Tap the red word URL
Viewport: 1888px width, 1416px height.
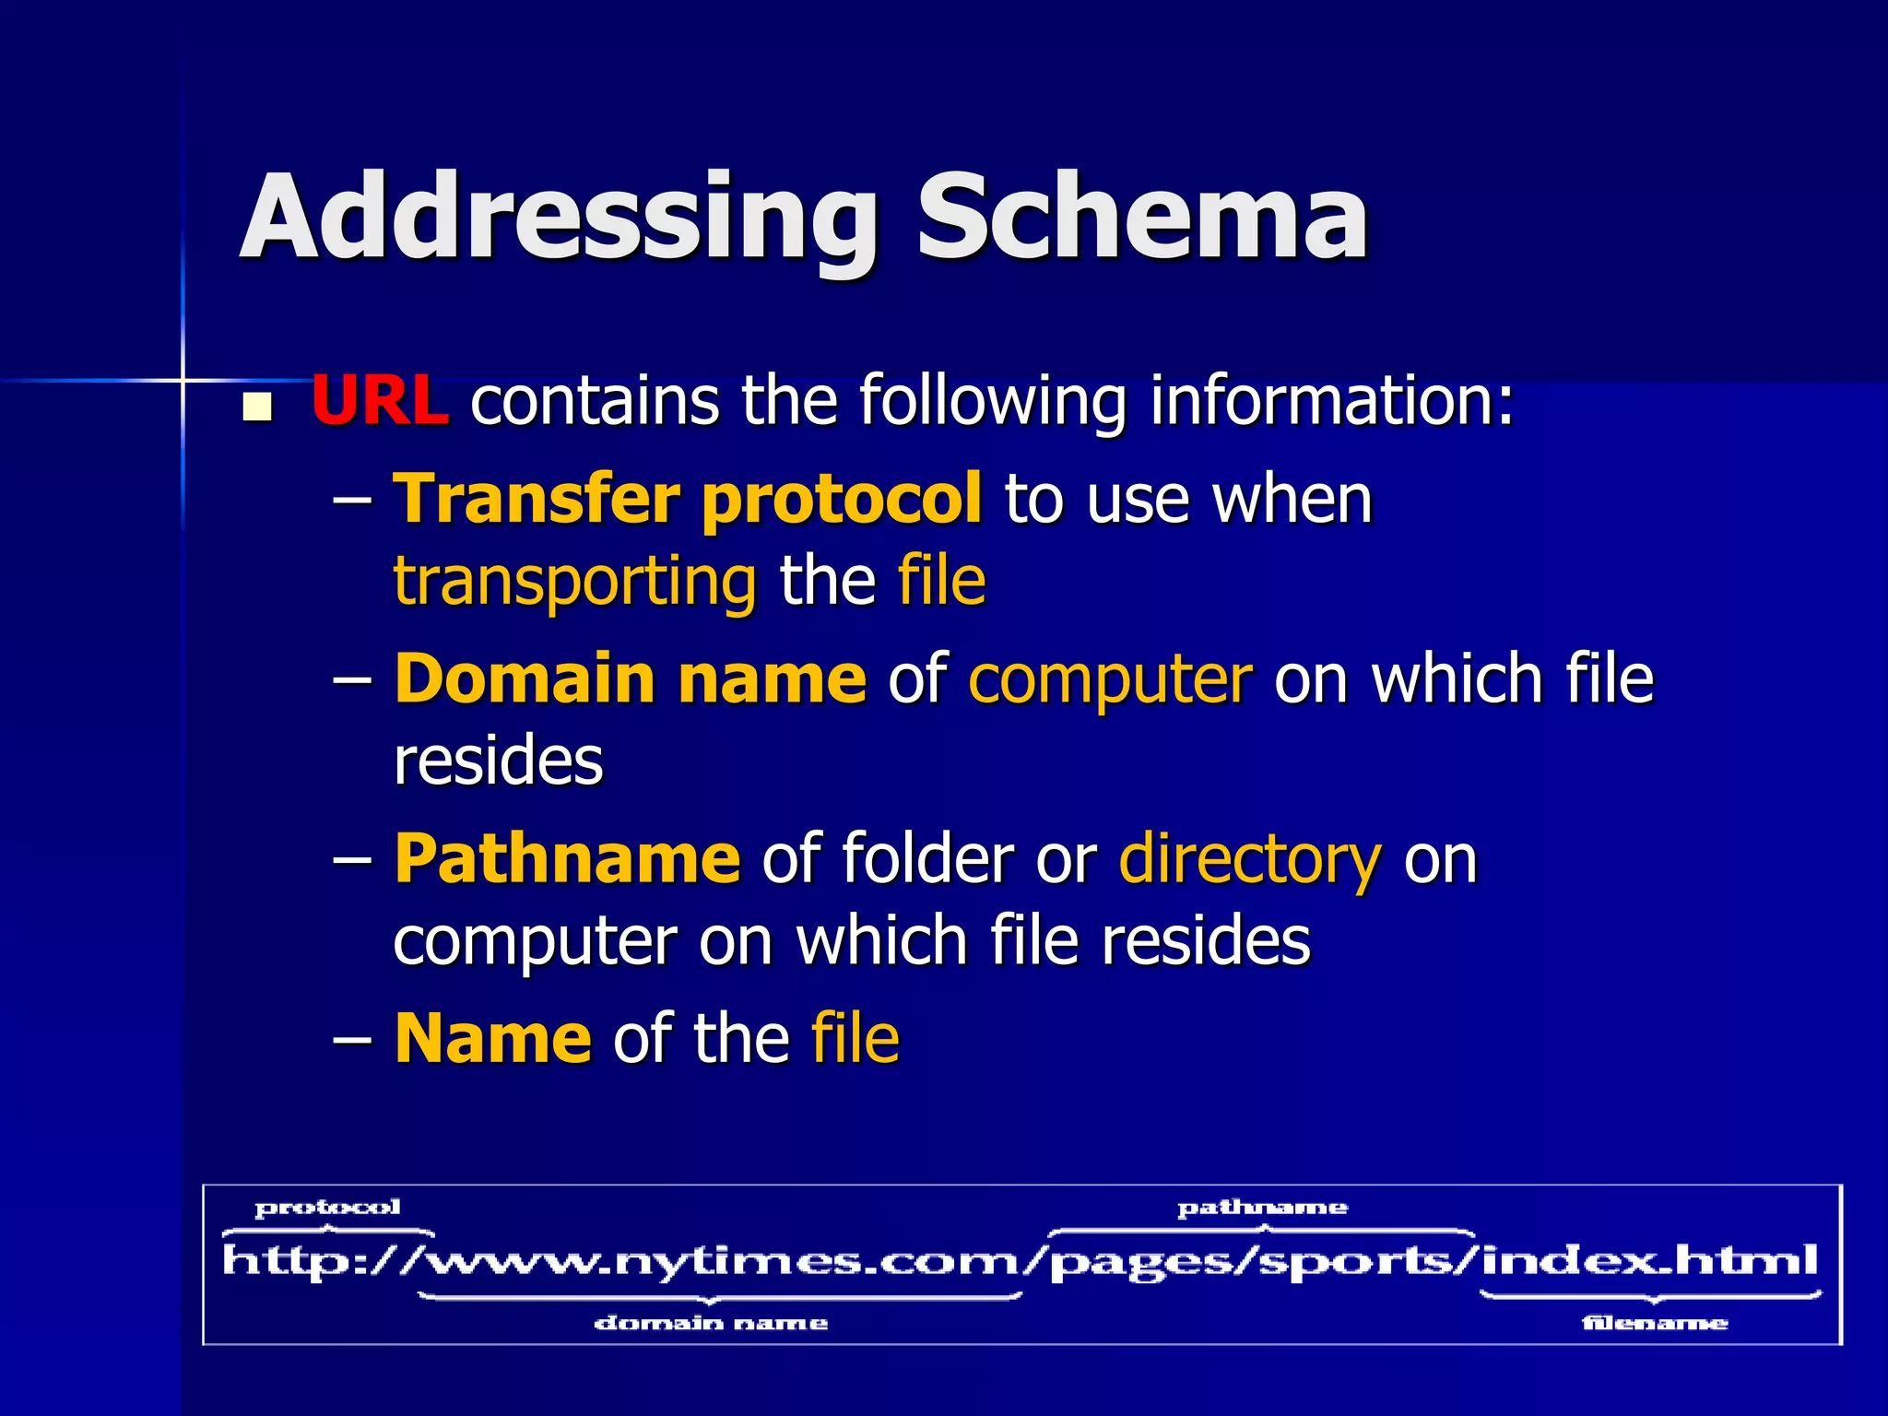(380, 401)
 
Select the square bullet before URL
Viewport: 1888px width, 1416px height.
(257, 407)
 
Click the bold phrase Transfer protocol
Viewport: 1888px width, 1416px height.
(688, 499)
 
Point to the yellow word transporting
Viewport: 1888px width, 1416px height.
(574, 582)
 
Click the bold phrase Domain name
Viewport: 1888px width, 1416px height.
(631, 678)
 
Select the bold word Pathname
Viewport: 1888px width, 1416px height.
(567, 858)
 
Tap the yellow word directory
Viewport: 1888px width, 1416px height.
(1250, 858)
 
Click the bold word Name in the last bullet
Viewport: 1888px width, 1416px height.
(492, 1038)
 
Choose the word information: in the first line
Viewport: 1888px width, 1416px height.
(1331, 401)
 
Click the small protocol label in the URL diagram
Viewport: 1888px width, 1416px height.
(327, 1208)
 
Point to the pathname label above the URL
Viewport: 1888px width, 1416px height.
(1262, 1208)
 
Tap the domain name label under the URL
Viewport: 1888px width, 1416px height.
(711, 1324)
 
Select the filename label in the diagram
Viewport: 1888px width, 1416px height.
(1655, 1324)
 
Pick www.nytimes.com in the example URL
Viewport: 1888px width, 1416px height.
(728, 1261)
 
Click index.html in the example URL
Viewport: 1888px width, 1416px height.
(1650, 1259)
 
